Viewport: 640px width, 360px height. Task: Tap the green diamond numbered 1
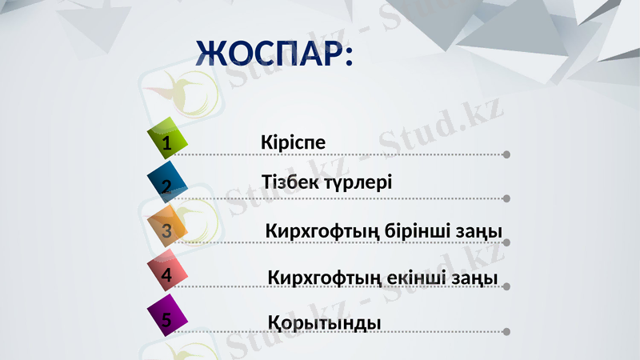click(168, 138)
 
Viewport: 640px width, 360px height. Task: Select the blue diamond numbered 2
click(168, 182)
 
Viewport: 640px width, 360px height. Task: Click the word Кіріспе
click(293, 142)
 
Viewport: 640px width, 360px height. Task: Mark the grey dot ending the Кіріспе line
click(507, 154)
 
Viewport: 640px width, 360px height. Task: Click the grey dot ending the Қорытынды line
click(507, 331)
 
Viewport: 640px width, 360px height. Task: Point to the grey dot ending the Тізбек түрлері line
click(507, 198)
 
